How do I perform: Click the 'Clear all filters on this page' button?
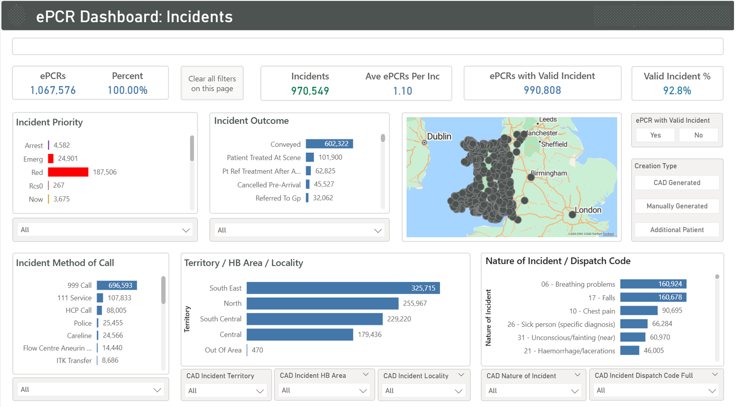click(x=212, y=83)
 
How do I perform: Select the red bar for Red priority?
click(x=68, y=172)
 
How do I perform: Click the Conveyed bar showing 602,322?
click(x=329, y=144)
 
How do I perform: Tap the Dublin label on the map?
click(x=439, y=137)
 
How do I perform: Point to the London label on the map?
click(x=588, y=210)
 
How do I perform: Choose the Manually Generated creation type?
click(x=676, y=206)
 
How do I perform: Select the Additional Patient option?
click(x=676, y=230)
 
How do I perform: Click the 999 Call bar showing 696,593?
click(x=117, y=285)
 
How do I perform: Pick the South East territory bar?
click(x=342, y=288)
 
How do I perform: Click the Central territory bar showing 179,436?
click(x=299, y=334)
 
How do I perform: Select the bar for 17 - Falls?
click(x=653, y=297)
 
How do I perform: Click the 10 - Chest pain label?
click(x=592, y=311)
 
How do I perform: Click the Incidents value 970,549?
click(x=310, y=91)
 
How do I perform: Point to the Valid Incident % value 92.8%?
click(x=677, y=91)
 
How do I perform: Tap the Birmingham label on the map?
click(x=549, y=173)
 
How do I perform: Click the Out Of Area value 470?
click(x=257, y=350)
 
